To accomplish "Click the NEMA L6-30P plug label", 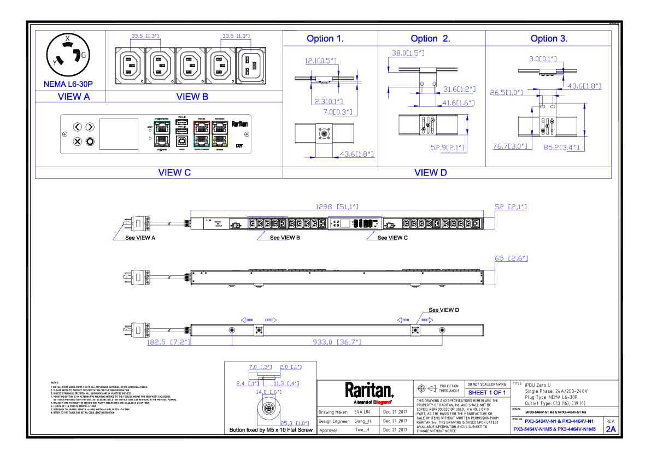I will tap(68, 84).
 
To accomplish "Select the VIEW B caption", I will tap(192, 97).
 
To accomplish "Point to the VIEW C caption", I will tap(174, 173).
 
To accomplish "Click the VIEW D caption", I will tap(430, 173).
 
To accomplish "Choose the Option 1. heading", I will tap(325, 38).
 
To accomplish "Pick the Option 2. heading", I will tap(430, 38).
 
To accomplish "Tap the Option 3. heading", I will tap(549, 38).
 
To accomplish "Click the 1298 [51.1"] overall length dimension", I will tap(336, 207).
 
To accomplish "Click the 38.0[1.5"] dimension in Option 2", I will tap(408, 53).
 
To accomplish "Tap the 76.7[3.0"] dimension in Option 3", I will tap(509, 146).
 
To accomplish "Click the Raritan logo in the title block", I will tap(369, 391).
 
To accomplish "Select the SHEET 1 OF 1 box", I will tap(486, 392).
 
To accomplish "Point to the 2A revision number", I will tap(610, 429).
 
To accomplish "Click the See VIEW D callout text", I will tap(443, 310).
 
